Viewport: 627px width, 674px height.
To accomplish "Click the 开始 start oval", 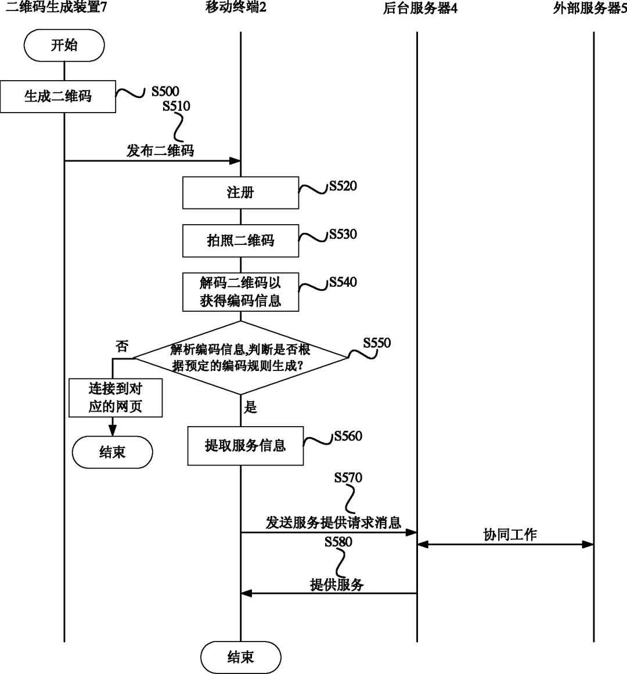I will pyautogui.click(x=64, y=46).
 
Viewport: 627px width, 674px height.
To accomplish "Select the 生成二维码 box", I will pyautogui.click(x=58, y=96).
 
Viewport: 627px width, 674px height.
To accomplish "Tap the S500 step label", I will pyautogui.click(x=165, y=91).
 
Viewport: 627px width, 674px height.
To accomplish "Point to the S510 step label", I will pyautogui.click(x=176, y=106).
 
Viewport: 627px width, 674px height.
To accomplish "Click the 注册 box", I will pyautogui.click(x=240, y=193).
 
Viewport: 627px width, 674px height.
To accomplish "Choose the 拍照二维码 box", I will pyautogui.click(x=240, y=240).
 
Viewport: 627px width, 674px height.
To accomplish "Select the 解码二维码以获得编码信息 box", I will pyautogui.click(x=240, y=291).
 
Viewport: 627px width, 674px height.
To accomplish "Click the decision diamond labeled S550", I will pyautogui.click(x=240, y=358).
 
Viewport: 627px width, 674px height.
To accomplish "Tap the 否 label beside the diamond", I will pyautogui.click(x=122, y=347).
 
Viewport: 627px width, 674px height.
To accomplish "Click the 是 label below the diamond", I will pyautogui.click(x=251, y=408).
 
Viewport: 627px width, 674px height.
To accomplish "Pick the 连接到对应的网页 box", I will pyautogui.click(x=115, y=398).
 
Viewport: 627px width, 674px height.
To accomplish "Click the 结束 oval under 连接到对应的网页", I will pyautogui.click(x=112, y=452).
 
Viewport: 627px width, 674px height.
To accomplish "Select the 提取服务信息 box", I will pyautogui.click(x=245, y=446).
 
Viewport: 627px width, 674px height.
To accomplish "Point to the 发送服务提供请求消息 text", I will pyautogui.click(x=333, y=522).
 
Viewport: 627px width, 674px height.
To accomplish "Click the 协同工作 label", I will pyautogui.click(x=510, y=535).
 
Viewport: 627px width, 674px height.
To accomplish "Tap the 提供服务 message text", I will pyautogui.click(x=337, y=585).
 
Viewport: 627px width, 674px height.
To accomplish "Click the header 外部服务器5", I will pyautogui.click(x=589, y=8).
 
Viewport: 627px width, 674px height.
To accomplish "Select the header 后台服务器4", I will pyautogui.click(x=420, y=8).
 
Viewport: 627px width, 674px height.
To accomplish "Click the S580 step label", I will pyautogui.click(x=338, y=542).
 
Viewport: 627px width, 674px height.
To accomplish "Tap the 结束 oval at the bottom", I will pyautogui.click(x=240, y=657).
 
